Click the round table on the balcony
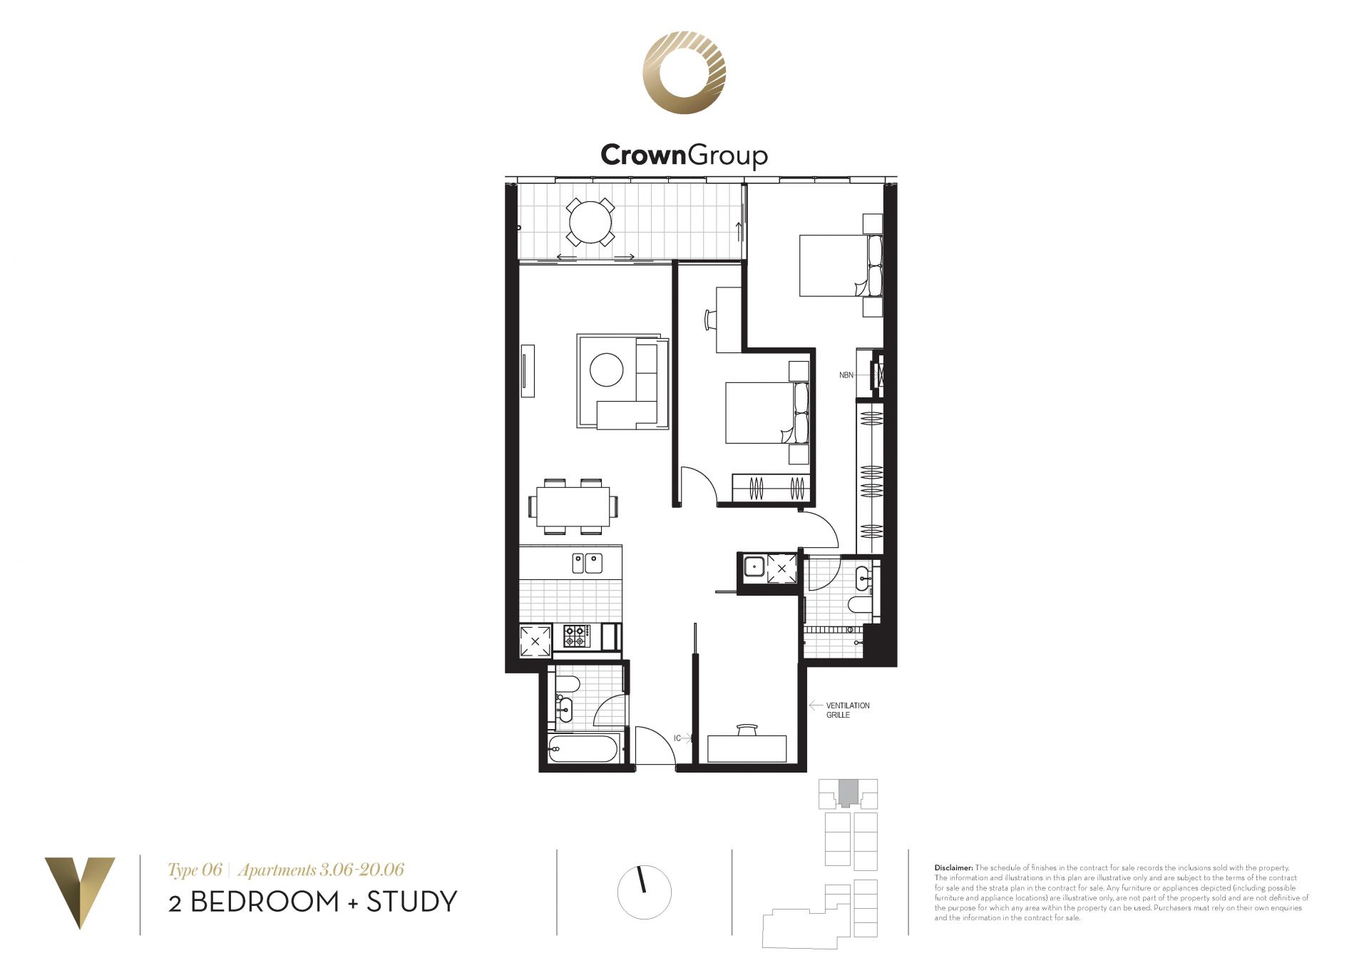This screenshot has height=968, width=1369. click(590, 222)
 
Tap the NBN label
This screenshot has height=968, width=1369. click(846, 375)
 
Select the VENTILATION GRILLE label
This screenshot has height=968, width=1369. click(848, 710)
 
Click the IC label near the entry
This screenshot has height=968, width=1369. click(677, 738)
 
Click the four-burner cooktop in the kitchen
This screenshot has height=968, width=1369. click(577, 636)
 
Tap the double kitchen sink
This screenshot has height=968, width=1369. click(587, 564)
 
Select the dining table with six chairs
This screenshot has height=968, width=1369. click(573, 506)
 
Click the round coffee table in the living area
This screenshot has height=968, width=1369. click(606, 370)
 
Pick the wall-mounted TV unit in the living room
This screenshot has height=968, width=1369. click(528, 371)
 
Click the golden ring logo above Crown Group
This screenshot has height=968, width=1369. click(684, 73)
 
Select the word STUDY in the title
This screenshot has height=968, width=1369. click(411, 902)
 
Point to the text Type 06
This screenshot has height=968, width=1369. click(195, 870)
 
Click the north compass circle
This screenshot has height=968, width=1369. click(645, 892)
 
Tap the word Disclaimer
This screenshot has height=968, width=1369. click(953, 868)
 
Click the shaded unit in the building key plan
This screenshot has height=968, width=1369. click(848, 792)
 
